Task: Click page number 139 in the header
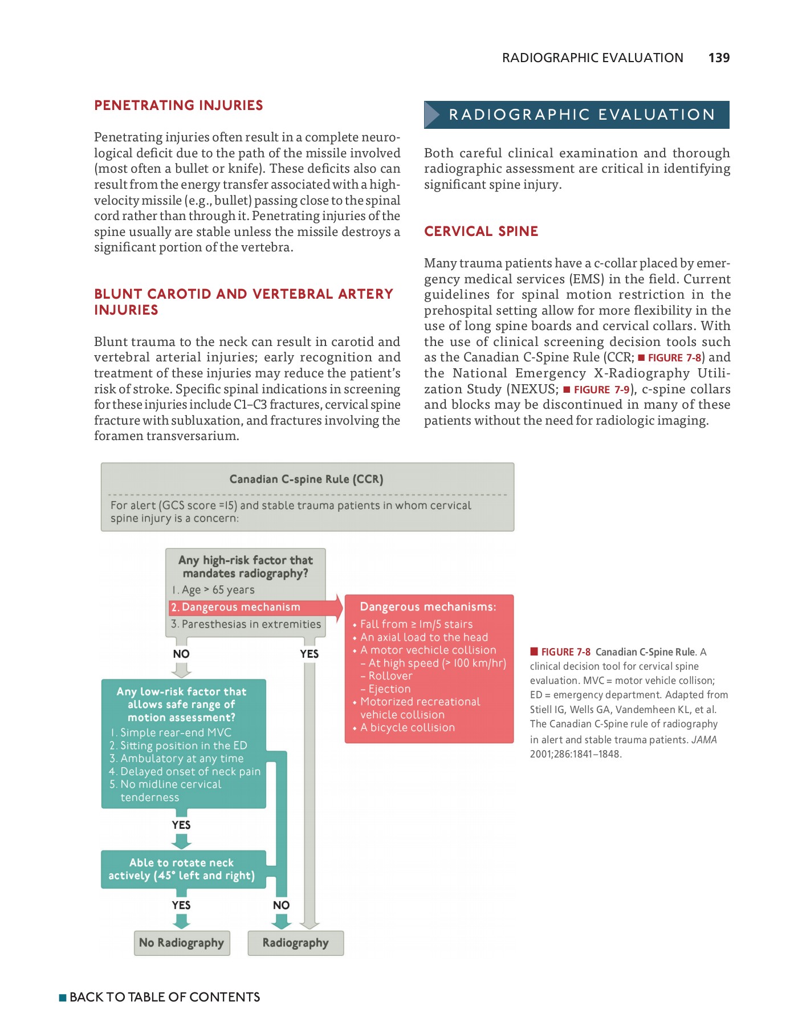click(x=718, y=58)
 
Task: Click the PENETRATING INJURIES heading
click(x=178, y=105)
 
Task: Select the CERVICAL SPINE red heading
click(x=480, y=231)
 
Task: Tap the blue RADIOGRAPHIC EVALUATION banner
click(x=576, y=115)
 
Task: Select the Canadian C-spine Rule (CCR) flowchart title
click(x=306, y=479)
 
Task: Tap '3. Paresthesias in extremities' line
click(x=246, y=624)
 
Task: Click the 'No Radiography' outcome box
click(x=181, y=943)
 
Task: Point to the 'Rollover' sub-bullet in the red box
click(x=390, y=676)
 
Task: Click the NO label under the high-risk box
click(x=181, y=654)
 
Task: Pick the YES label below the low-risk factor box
click(x=181, y=825)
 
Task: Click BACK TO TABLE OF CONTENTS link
click(x=164, y=997)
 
